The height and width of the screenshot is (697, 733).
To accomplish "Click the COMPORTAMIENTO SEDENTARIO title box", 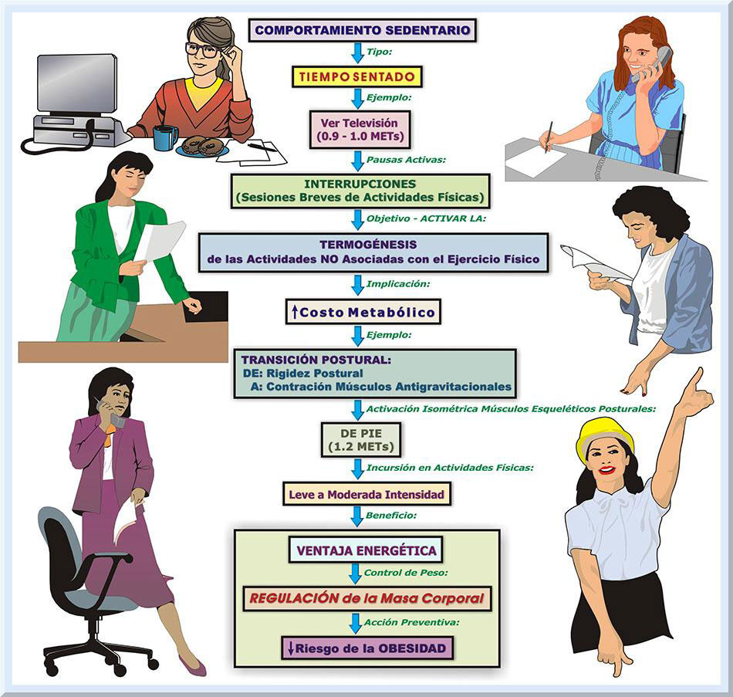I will coord(362,31).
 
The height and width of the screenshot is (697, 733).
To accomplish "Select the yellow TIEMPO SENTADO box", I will coord(357,76).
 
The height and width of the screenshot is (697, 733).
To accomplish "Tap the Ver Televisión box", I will coord(359,129).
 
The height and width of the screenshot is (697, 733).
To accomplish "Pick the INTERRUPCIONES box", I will coord(360,191).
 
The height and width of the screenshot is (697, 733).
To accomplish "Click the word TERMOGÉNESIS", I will coord(372,244).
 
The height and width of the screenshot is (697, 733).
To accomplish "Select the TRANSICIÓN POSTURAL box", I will coord(375,373).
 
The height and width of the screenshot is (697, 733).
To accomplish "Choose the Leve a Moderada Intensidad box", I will coord(366,494).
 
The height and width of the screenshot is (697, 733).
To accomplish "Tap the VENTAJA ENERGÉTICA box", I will coord(365,551).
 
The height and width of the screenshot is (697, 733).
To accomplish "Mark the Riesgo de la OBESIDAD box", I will coord(366,648).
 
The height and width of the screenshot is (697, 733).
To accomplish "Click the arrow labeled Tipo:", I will coord(357,52).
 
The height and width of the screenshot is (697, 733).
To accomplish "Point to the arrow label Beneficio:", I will coord(391,513).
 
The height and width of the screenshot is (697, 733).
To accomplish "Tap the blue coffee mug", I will coord(165,137).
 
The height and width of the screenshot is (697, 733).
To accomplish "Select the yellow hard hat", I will coord(604,433).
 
